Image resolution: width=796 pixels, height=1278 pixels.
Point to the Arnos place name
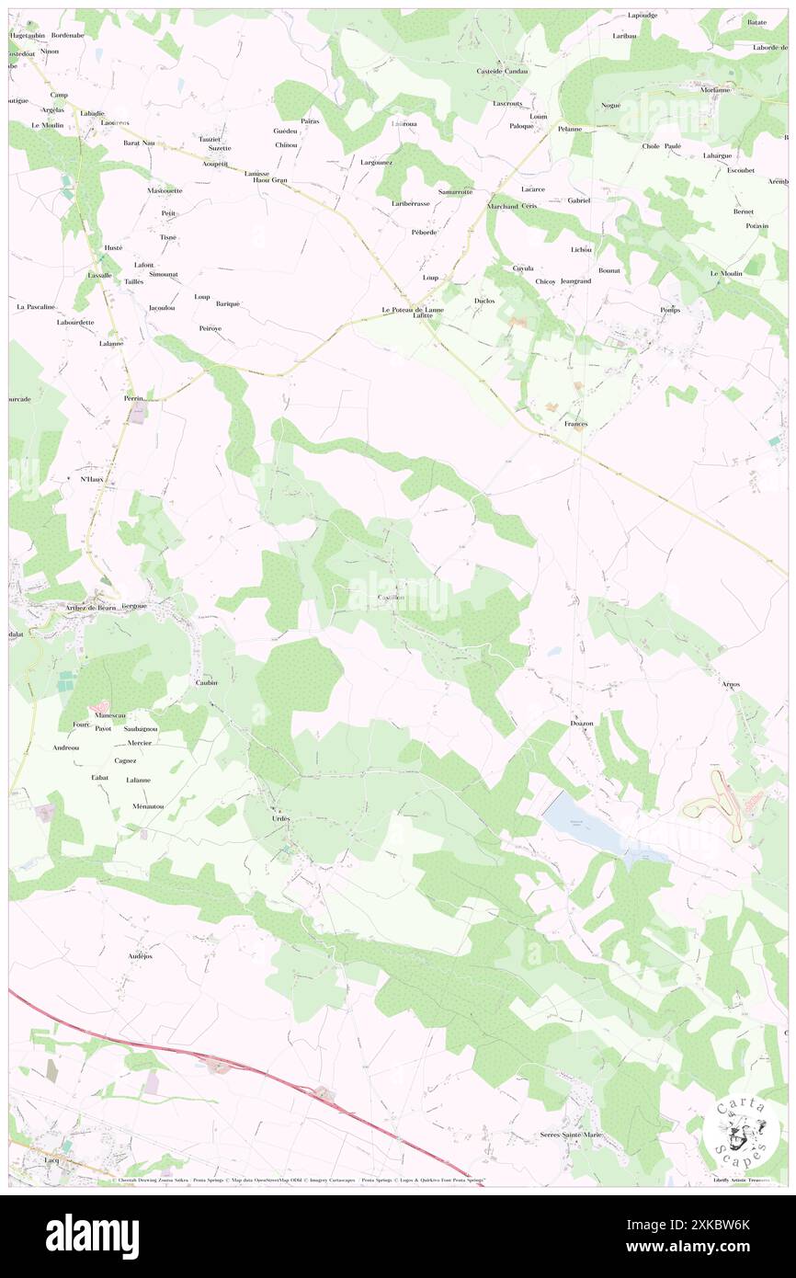tap(731, 685)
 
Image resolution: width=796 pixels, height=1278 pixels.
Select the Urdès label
tap(280, 818)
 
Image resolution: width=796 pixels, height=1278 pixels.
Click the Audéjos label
tap(141, 956)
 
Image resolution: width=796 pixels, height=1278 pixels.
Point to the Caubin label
tap(206, 682)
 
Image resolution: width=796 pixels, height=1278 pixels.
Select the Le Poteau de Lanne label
tap(413, 310)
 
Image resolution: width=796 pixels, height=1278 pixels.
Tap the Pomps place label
tap(669, 310)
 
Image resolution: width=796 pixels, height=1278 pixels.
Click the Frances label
tap(575, 424)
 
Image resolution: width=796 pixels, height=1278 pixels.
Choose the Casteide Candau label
tap(502, 72)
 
